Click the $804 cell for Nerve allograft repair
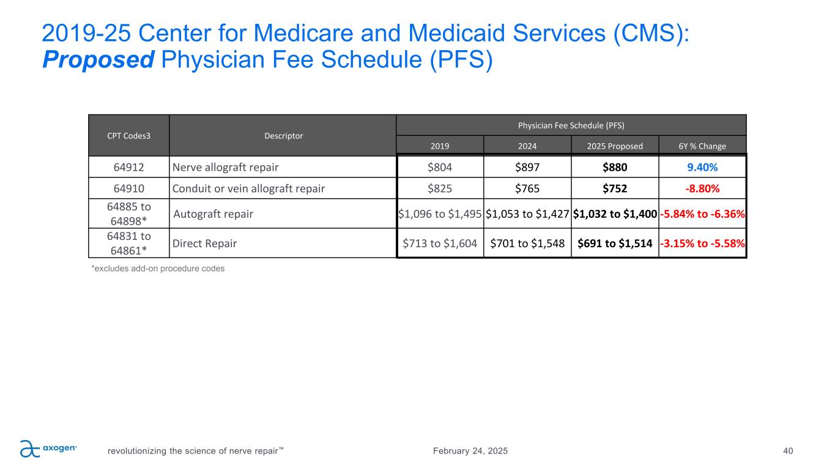(439, 167)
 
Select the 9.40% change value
(702, 167)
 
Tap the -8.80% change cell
(702, 188)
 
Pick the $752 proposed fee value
(614, 188)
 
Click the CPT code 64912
(128, 167)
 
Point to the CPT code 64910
(128, 188)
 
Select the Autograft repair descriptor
(213, 214)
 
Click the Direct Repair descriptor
(204, 243)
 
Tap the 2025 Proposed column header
(614, 146)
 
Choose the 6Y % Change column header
(702, 146)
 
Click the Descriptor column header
(283, 136)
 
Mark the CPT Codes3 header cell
(128, 136)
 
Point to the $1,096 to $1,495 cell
(440, 214)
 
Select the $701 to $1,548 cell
(527, 243)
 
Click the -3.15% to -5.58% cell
(702, 243)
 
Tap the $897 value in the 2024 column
(527, 167)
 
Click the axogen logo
(48, 449)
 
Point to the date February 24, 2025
(470, 451)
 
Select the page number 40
(788, 451)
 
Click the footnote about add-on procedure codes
(158, 268)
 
